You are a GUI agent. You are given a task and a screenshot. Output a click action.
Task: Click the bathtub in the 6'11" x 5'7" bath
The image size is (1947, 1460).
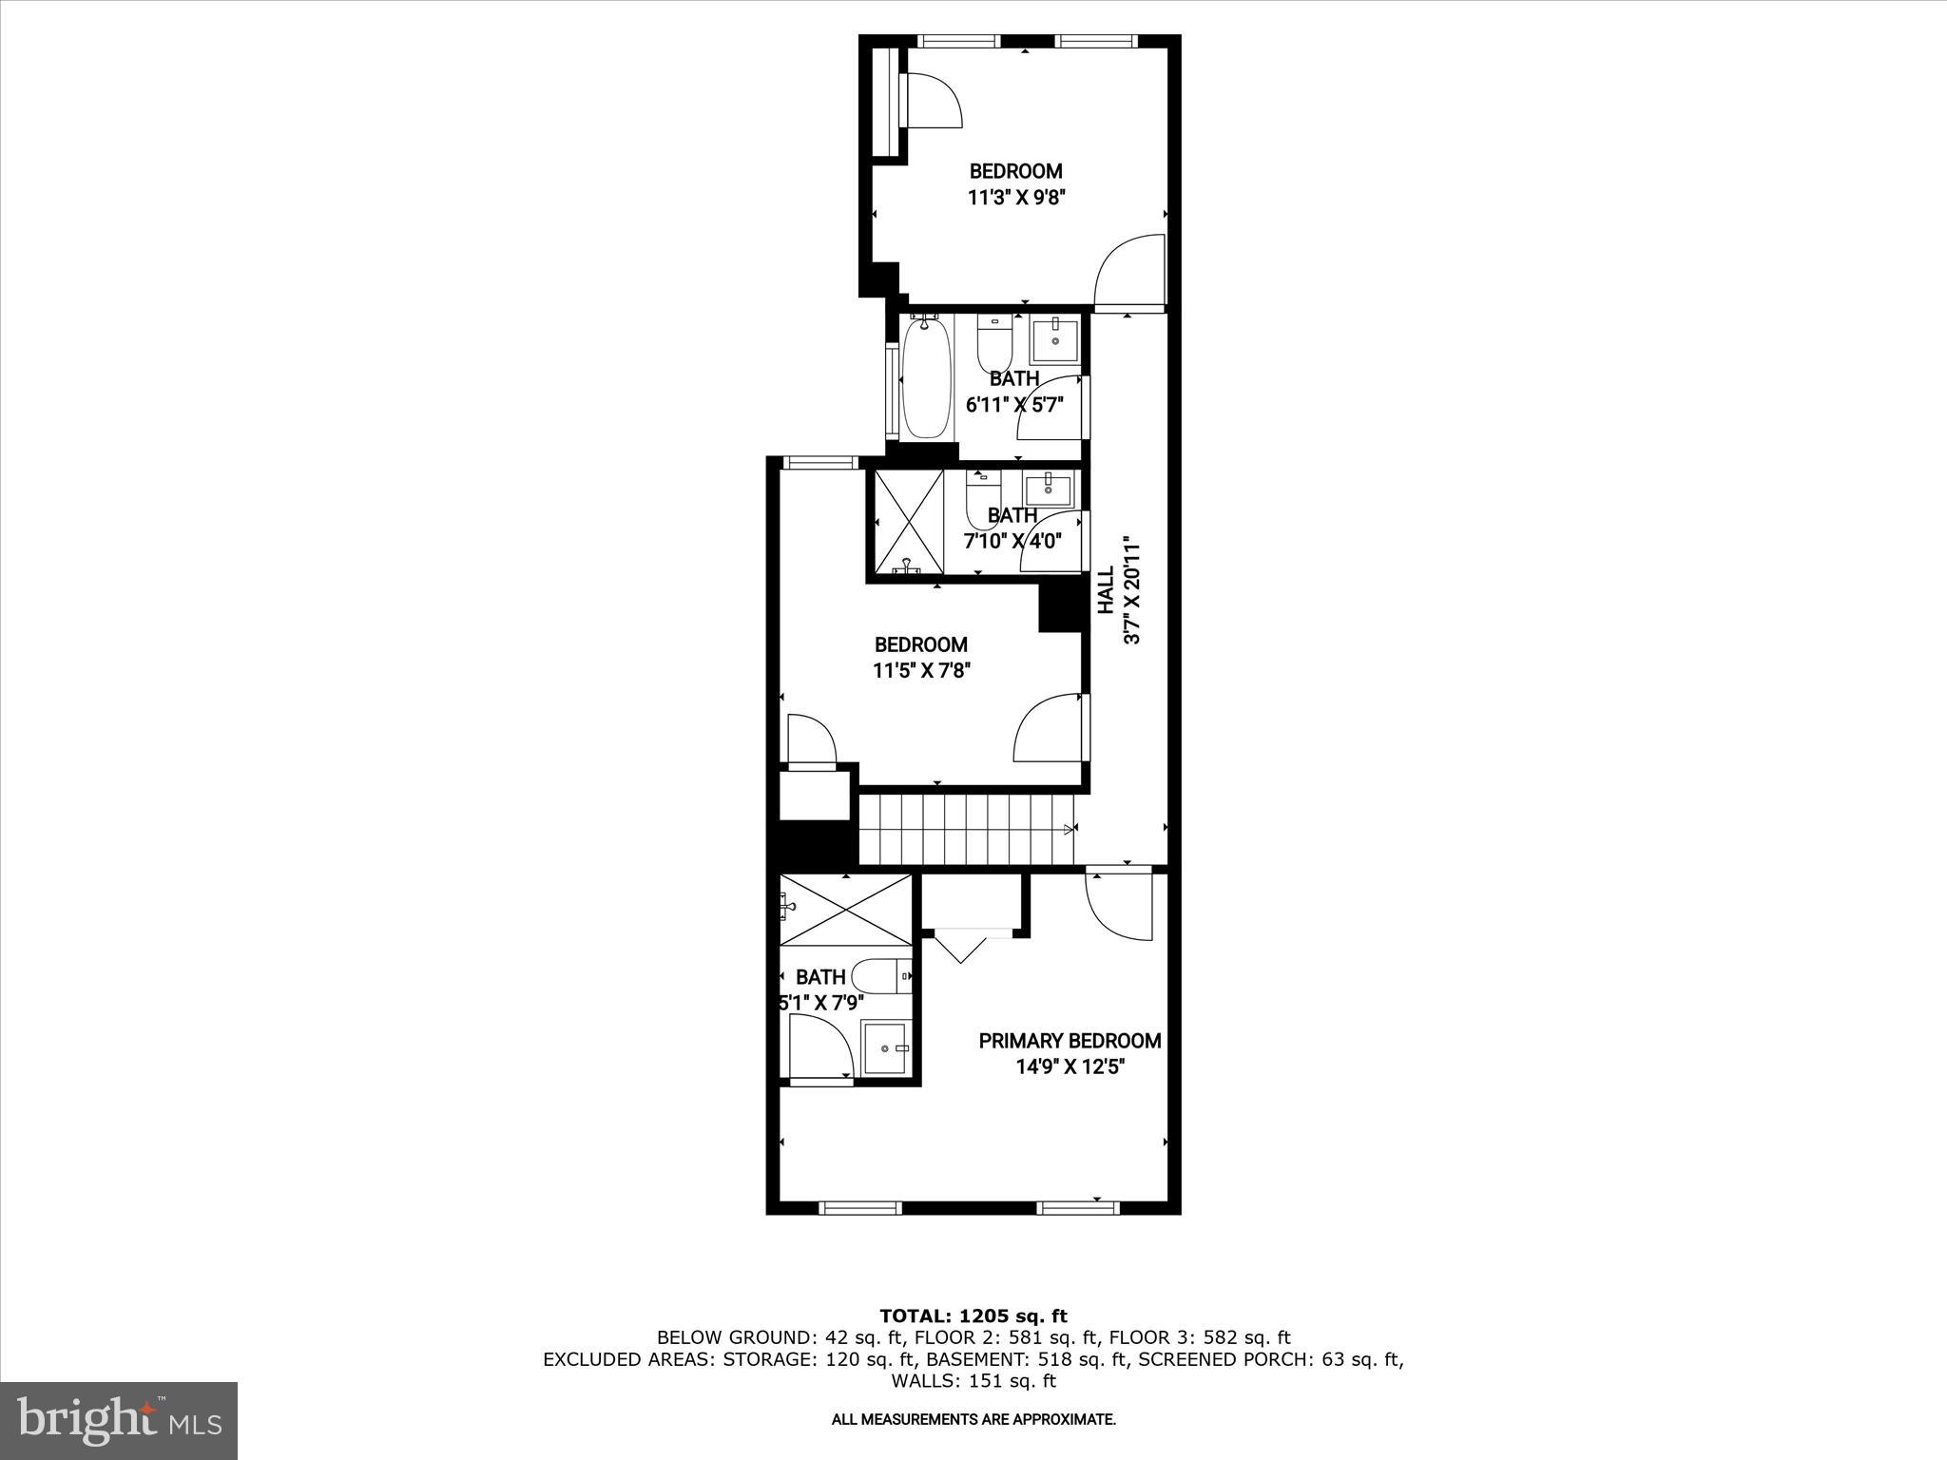tap(926, 378)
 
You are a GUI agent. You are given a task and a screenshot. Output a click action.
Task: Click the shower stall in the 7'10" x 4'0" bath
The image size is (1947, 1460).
tap(908, 522)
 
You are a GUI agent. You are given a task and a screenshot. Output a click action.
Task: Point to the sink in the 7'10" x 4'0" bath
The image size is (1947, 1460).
tap(1048, 489)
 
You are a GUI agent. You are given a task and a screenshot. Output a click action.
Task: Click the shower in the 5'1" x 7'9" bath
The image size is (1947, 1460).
tap(845, 911)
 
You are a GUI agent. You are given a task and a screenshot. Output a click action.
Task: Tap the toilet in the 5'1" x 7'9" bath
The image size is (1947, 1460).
tap(880, 976)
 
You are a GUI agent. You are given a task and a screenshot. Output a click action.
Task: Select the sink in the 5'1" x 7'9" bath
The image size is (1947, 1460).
tap(886, 1047)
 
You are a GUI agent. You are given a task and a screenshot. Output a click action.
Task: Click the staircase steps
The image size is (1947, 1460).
tap(965, 830)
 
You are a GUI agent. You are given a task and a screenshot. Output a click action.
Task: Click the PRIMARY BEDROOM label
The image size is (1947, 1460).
tap(1070, 1041)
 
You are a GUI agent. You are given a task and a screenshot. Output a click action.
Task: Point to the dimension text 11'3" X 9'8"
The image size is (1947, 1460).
tap(1015, 198)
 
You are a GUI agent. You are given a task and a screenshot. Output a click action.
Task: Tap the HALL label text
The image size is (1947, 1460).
tap(1107, 591)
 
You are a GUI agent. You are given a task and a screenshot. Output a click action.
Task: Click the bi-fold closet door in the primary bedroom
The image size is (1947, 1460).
tap(961, 948)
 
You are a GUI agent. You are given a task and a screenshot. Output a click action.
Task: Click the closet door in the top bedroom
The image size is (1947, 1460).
tap(934, 100)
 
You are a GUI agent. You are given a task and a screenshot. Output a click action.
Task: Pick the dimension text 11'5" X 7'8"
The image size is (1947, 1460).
tap(921, 670)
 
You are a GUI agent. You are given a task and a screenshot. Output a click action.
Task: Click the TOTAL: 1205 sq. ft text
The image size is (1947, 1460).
tap(973, 1316)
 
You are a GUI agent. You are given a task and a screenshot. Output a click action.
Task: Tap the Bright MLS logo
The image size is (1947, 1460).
tap(119, 1420)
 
